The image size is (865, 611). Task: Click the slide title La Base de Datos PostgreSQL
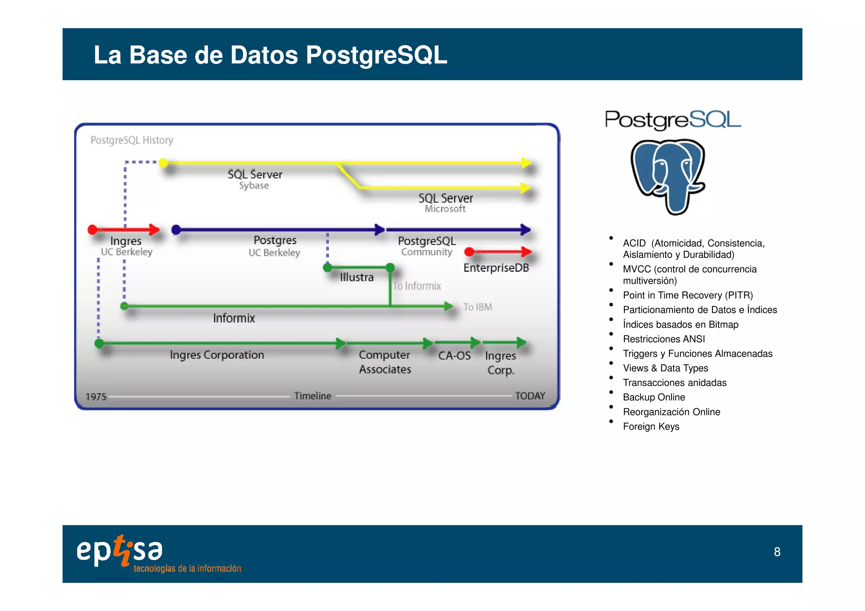click(270, 55)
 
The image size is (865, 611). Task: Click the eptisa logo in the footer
click(120, 551)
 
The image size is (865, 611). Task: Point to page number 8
click(777, 552)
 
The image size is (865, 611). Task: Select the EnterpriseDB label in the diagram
click(496, 268)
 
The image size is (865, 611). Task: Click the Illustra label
click(357, 277)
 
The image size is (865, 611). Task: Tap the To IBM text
click(478, 307)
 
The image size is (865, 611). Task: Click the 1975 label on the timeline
click(96, 396)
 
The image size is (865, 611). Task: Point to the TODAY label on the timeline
click(530, 396)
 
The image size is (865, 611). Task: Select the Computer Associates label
click(385, 362)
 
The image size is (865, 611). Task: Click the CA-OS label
click(454, 356)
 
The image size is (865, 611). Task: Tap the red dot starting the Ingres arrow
click(92, 230)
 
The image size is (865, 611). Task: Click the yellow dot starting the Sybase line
click(163, 163)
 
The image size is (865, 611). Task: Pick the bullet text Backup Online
click(654, 397)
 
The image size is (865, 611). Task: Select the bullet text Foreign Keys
click(651, 426)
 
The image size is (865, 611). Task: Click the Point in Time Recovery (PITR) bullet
click(688, 295)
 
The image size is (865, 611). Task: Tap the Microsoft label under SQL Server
click(445, 209)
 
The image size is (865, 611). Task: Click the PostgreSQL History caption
click(132, 140)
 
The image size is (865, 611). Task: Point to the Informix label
click(234, 318)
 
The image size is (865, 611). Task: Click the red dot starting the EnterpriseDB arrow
click(469, 252)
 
